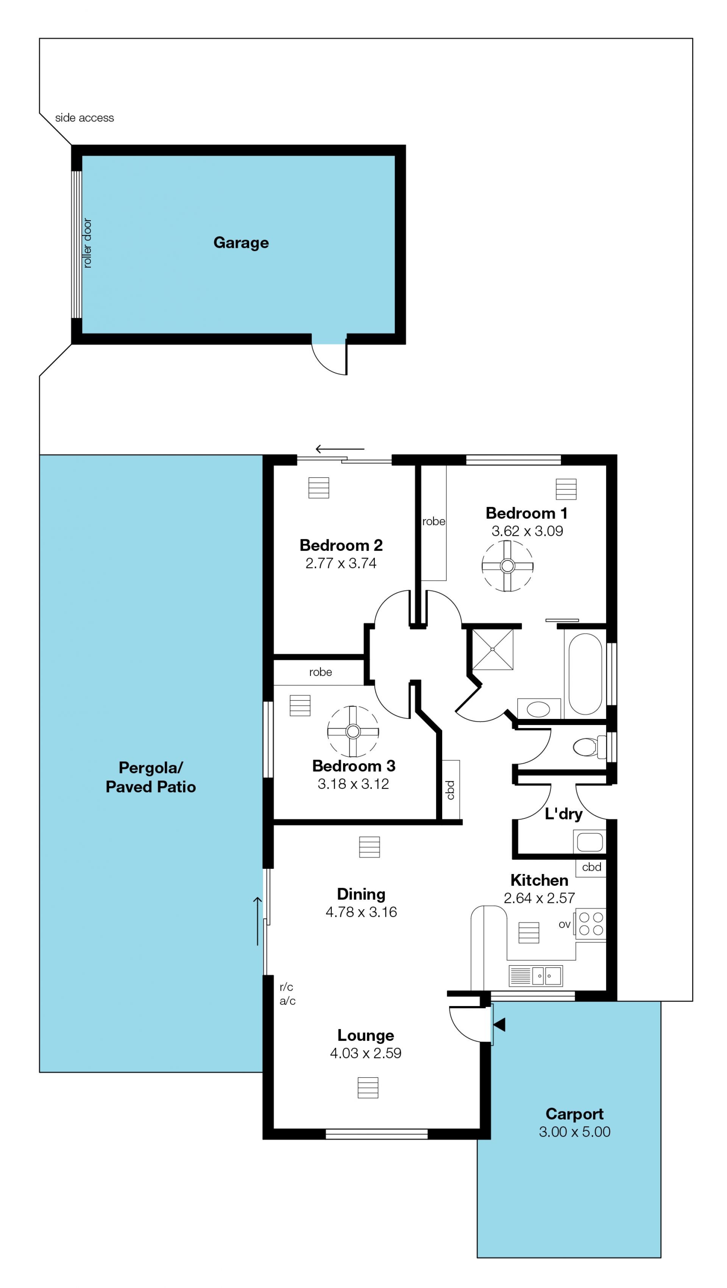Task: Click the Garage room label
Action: tap(241, 243)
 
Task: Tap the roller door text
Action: tap(87, 243)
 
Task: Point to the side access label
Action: tap(84, 118)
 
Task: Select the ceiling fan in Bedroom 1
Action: tap(507, 566)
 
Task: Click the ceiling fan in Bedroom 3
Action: tap(353, 731)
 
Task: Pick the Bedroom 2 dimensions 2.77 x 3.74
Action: tap(341, 563)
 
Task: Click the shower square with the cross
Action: tap(492, 649)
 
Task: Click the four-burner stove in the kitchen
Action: tap(591, 924)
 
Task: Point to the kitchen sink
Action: tap(535, 975)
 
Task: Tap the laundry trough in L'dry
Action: tap(590, 842)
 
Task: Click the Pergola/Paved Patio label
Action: tap(151, 777)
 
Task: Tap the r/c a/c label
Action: tap(287, 994)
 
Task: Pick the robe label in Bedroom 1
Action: tap(433, 521)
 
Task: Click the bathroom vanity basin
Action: tap(538, 709)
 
